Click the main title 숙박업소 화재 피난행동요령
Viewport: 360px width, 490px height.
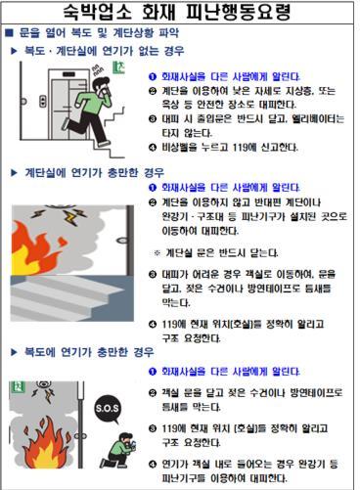pyautogui.click(x=180, y=14)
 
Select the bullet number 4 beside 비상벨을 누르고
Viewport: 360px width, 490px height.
pyautogui.click(x=152, y=149)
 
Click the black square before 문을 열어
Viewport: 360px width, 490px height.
pyautogui.click(x=9, y=33)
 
